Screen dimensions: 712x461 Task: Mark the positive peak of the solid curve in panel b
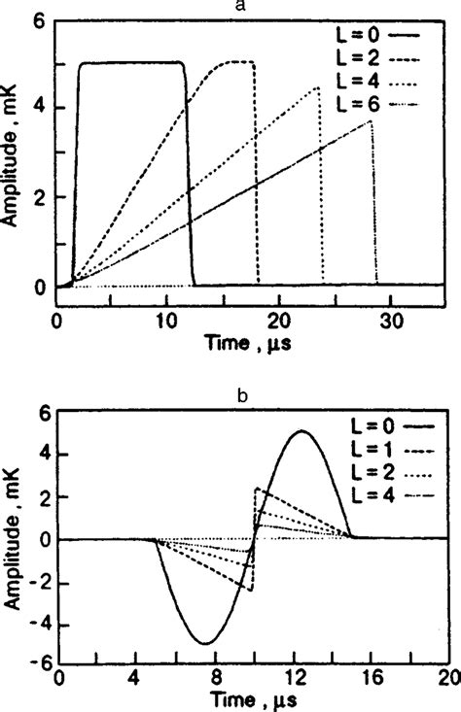coord(301,431)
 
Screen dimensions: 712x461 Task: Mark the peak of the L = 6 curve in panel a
coord(371,121)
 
